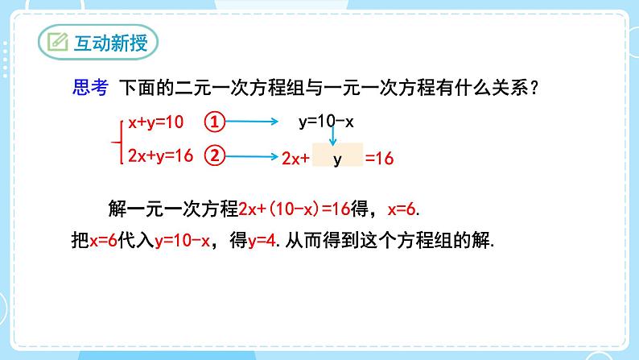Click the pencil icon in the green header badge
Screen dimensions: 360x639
pyautogui.click(x=58, y=43)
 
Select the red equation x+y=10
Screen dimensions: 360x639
pyautogui.click(x=156, y=122)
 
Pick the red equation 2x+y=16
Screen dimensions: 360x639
pyautogui.click(x=160, y=155)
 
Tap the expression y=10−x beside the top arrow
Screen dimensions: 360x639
pyautogui.click(x=326, y=122)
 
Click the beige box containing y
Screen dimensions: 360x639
pyautogui.click(x=337, y=159)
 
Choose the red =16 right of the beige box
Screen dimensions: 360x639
pyautogui.click(x=379, y=159)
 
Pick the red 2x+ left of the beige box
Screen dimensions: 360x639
pyautogui.click(x=296, y=159)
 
